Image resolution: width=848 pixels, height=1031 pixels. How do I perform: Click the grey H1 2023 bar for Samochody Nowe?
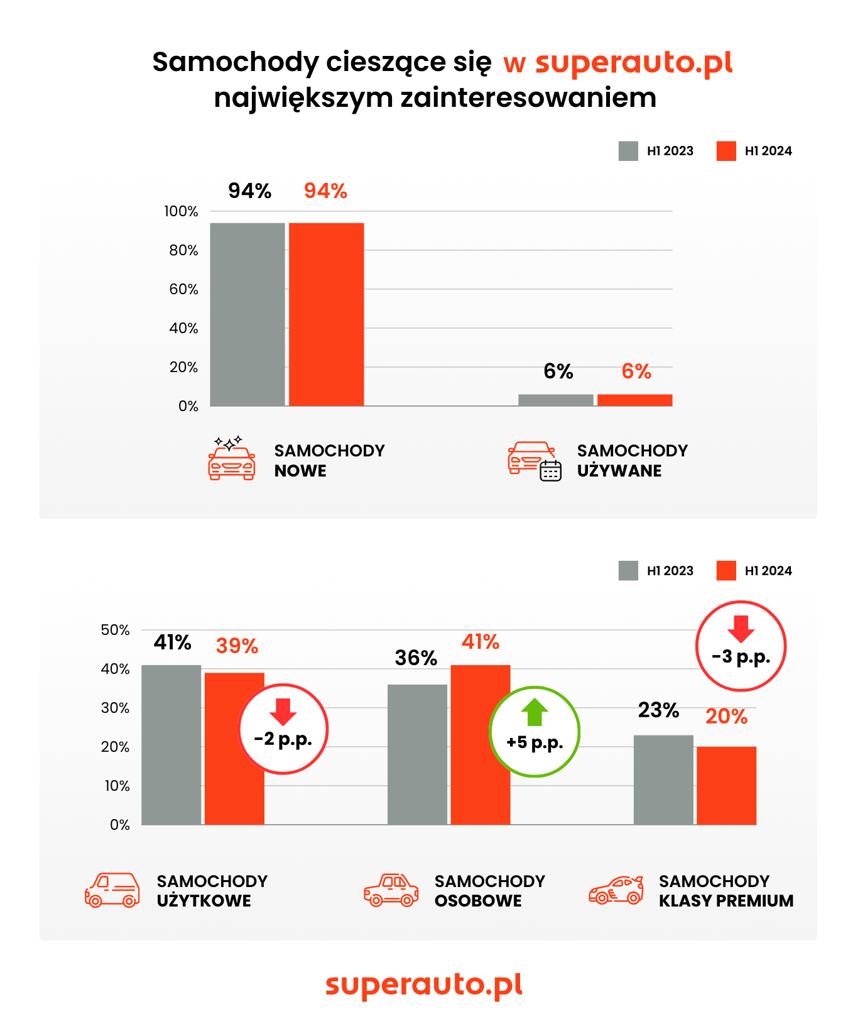click(247, 314)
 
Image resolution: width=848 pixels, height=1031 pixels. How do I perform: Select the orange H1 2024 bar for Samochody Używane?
click(634, 400)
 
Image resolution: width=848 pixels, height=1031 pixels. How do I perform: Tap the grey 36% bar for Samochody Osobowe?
click(417, 754)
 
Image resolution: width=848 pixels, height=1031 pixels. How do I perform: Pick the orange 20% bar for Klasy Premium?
click(726, 786)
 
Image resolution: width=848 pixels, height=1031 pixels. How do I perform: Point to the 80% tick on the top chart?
click(183, 250)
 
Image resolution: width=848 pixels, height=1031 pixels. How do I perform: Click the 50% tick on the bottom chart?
click(115, 630)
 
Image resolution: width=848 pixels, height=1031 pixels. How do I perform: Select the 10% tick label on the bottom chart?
click(117, 786)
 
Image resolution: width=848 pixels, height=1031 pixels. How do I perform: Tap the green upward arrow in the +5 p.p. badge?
click(535, 712)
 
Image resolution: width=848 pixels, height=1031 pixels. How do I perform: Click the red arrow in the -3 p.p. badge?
click(741, 629)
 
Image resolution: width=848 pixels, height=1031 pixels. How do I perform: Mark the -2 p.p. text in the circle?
click(283, 739)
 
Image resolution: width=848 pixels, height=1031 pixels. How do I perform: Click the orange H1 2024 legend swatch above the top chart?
click(726, 151)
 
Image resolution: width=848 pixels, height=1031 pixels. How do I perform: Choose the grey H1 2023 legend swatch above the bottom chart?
click(628, 571)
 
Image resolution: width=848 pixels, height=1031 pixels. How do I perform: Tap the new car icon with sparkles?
click(231, 459)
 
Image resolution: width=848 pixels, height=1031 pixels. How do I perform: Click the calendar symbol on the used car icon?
click(551, 470)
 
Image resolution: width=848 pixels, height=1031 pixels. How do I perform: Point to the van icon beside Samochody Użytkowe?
click(112, 890)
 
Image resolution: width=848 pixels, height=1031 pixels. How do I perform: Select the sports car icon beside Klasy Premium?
click(616, 890)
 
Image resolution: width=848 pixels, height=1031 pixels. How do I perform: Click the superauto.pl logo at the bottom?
click(424, 984)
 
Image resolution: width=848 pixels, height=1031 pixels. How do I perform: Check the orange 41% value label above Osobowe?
click(481, 642)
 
